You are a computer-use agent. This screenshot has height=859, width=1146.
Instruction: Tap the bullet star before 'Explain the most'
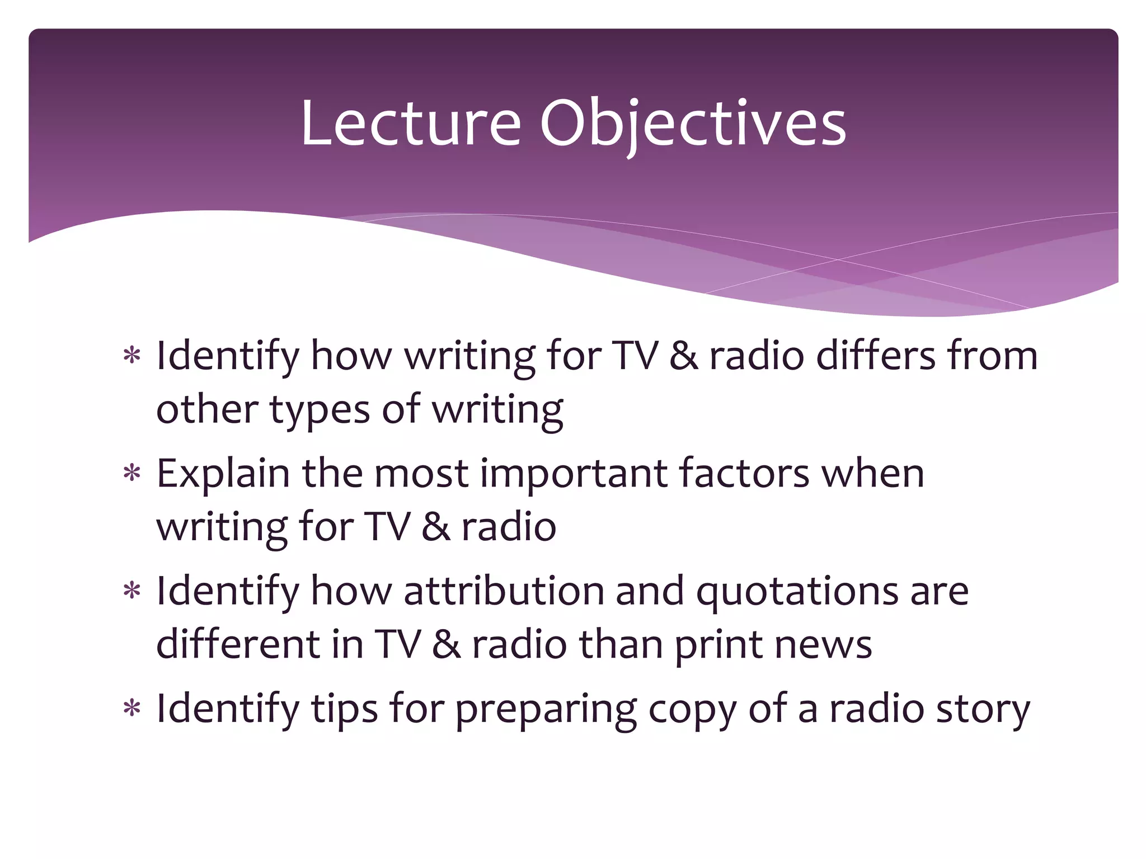[132, 474]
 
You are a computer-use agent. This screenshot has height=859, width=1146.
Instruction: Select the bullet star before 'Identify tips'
[132, 709]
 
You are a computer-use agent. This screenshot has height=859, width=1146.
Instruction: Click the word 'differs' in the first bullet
[876, 356]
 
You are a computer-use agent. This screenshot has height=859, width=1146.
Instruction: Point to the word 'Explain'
[223, 474]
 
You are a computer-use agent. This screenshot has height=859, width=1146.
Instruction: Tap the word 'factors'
[744, 473]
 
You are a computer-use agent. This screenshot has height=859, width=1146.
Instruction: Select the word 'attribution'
[504, 591]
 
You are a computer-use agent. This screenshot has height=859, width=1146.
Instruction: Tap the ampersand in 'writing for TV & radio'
[435, 527]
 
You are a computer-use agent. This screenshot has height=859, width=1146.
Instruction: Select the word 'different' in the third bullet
[237, 644]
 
